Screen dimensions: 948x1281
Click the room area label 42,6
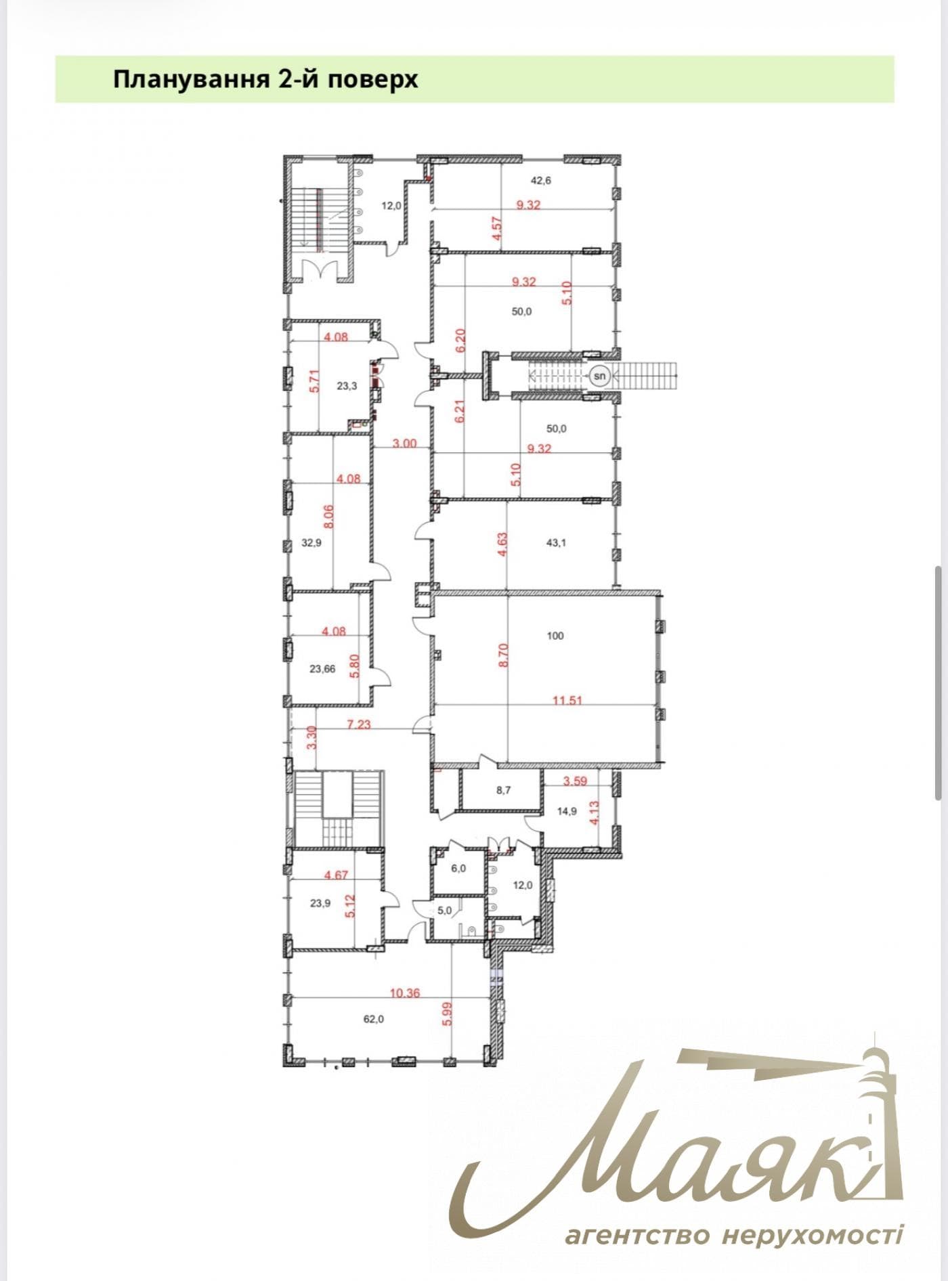(x=540, y=180)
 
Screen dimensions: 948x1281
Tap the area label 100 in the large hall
(x=555, y=636)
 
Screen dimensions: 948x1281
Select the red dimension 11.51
(x=567, y=701)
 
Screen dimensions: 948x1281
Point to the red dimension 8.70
(x=502, y=655)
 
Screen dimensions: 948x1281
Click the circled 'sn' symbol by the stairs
(x=599, y=374)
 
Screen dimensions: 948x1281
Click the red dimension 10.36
(x=405, y=993)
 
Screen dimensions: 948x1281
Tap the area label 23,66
(x=322, y=669)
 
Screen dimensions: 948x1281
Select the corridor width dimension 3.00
(x=404, y=444)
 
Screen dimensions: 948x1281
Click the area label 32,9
(x=311, y=542)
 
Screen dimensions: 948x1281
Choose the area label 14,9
(x=567, y=812)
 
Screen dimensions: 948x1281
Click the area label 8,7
(x=503, y=789)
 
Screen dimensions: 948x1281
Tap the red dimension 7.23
(x=359, y=724)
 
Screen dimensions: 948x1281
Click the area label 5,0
(x=444, y=911)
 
